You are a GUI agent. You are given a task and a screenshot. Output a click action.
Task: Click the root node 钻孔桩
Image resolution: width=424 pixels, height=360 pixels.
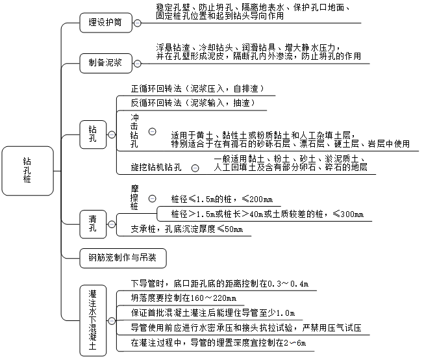point(27,170)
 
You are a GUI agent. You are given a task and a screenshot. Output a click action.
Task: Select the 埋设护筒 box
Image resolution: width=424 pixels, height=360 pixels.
point(105,23)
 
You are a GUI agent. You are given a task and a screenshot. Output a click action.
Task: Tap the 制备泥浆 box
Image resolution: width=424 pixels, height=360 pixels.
point(105,64)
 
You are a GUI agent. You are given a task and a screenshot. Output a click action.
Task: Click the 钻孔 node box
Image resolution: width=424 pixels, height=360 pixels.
point(92,135)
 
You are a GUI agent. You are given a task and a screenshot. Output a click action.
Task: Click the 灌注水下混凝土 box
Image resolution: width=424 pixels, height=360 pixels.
point(92,321)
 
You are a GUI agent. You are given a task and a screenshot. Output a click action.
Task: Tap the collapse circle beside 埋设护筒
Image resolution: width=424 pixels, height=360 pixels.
point(138,23)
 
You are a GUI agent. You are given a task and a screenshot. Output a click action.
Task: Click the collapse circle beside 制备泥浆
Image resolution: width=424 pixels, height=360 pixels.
point(138,64)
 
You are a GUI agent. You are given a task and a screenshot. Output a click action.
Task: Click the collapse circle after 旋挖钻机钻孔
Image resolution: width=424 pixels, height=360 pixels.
point(194,168)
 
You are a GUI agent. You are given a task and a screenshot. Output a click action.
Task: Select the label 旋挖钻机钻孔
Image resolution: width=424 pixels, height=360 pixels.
point(156,168)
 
